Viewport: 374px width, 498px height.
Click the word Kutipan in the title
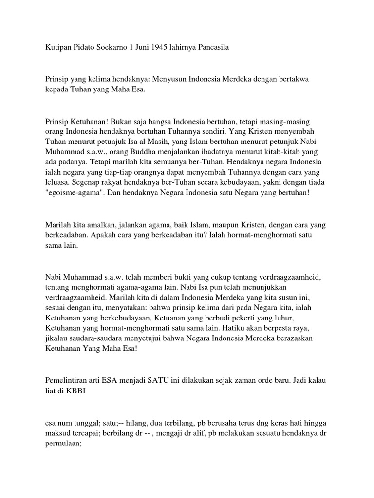pos(58,47)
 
